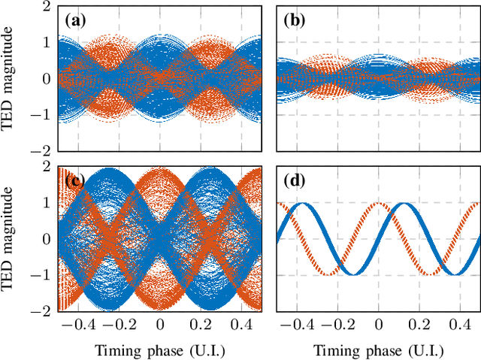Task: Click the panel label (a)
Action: click(x=77, y=20)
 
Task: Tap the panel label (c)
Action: click(x=77, y=180)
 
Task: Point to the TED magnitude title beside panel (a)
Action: click(x=11, y=79)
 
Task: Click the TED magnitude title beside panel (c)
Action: click(x=11, y=239)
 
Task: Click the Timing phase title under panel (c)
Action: click(x=159, y=350)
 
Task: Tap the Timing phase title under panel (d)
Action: click(x=378, y=350)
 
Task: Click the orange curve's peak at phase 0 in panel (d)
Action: click(x=378, y=204)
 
